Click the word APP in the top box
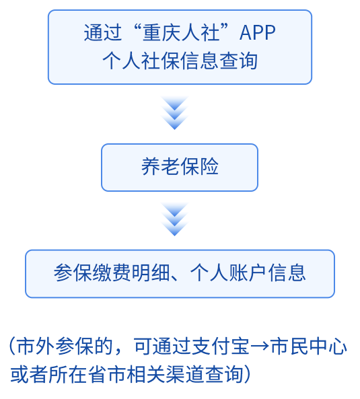point(258,33)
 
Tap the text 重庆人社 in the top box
point(181,33)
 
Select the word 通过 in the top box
point(103,33)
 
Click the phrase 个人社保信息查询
point(180,61)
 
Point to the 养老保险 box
point(180,168)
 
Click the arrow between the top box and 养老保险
point(174,113)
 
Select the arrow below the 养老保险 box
point(174,219)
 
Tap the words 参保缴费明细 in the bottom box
point(112,273)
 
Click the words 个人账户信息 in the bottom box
point(248,273)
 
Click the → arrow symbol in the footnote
point(260,347)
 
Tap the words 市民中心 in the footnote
point(309,347)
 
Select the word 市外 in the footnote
point(36,347)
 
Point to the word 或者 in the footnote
point(29,375)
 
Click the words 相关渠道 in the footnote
point(166,375)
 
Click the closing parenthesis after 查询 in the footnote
point(247,375)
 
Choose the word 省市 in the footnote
point(107,375)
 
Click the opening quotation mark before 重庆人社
point(137,28)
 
